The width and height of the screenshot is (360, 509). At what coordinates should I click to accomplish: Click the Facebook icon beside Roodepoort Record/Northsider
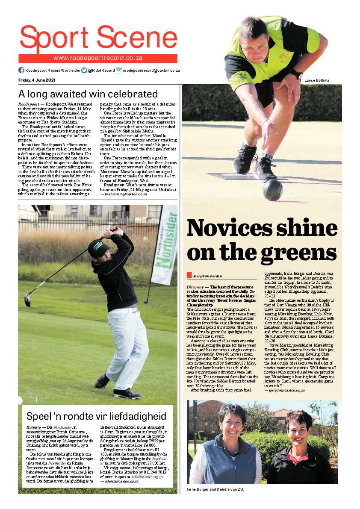pos(21,70)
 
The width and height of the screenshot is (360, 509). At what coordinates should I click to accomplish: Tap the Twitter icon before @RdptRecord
pos(84,70)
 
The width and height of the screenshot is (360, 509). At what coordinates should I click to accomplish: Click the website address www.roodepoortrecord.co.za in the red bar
pos(97,58)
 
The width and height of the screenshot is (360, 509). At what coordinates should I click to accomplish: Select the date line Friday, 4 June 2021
pos(37,80)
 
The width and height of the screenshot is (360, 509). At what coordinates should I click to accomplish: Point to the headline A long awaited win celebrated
pos(88,94)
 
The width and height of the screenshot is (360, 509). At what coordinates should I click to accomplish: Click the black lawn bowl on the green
pos(273,190)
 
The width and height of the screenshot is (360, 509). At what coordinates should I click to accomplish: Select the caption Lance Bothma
pos(317,80)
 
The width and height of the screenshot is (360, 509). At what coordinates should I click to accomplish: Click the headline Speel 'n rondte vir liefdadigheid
pos(96,416)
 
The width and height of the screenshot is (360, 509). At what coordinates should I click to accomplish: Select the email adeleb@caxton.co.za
pos(119,481)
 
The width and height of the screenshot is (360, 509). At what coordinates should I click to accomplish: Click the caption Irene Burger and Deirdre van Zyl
pos(215,489)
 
